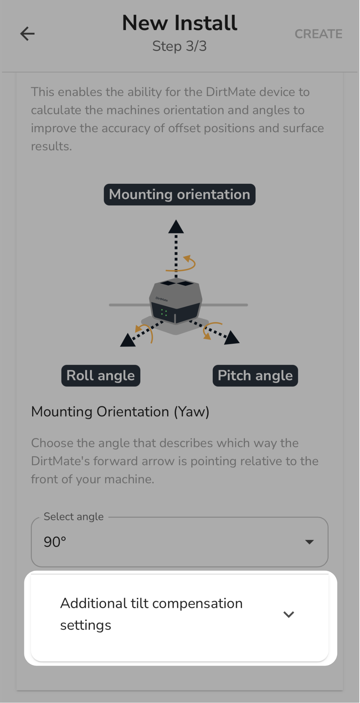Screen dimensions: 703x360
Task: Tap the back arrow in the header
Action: point(28,34)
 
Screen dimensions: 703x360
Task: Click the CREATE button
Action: point(318,34)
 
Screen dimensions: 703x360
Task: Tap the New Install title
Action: point(180,23)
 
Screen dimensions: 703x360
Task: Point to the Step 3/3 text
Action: point(179,46)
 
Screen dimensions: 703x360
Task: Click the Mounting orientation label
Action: point(180,195)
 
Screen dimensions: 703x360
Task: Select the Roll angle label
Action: point(101,376)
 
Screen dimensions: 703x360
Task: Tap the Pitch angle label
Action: point(255,376)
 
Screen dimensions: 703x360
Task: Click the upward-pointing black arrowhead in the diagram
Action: point(176,227)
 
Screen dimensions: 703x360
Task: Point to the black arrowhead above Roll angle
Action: point(128,340)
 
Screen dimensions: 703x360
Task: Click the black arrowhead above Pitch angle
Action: point(232,338)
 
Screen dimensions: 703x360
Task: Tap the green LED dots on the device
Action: point(164,312)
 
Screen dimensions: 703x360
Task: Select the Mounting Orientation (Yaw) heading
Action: point(120,412)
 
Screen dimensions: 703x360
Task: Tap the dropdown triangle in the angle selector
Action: point(309,542)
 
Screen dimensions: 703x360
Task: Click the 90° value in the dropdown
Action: point(55,542)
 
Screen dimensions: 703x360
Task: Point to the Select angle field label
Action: point(74,517)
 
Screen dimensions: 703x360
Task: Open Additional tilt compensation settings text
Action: point(151,614)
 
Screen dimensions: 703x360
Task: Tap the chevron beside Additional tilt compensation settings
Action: point(289,614)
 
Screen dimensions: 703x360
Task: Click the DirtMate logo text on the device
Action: point(162,299)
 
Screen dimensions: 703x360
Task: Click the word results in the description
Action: point(52,146)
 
